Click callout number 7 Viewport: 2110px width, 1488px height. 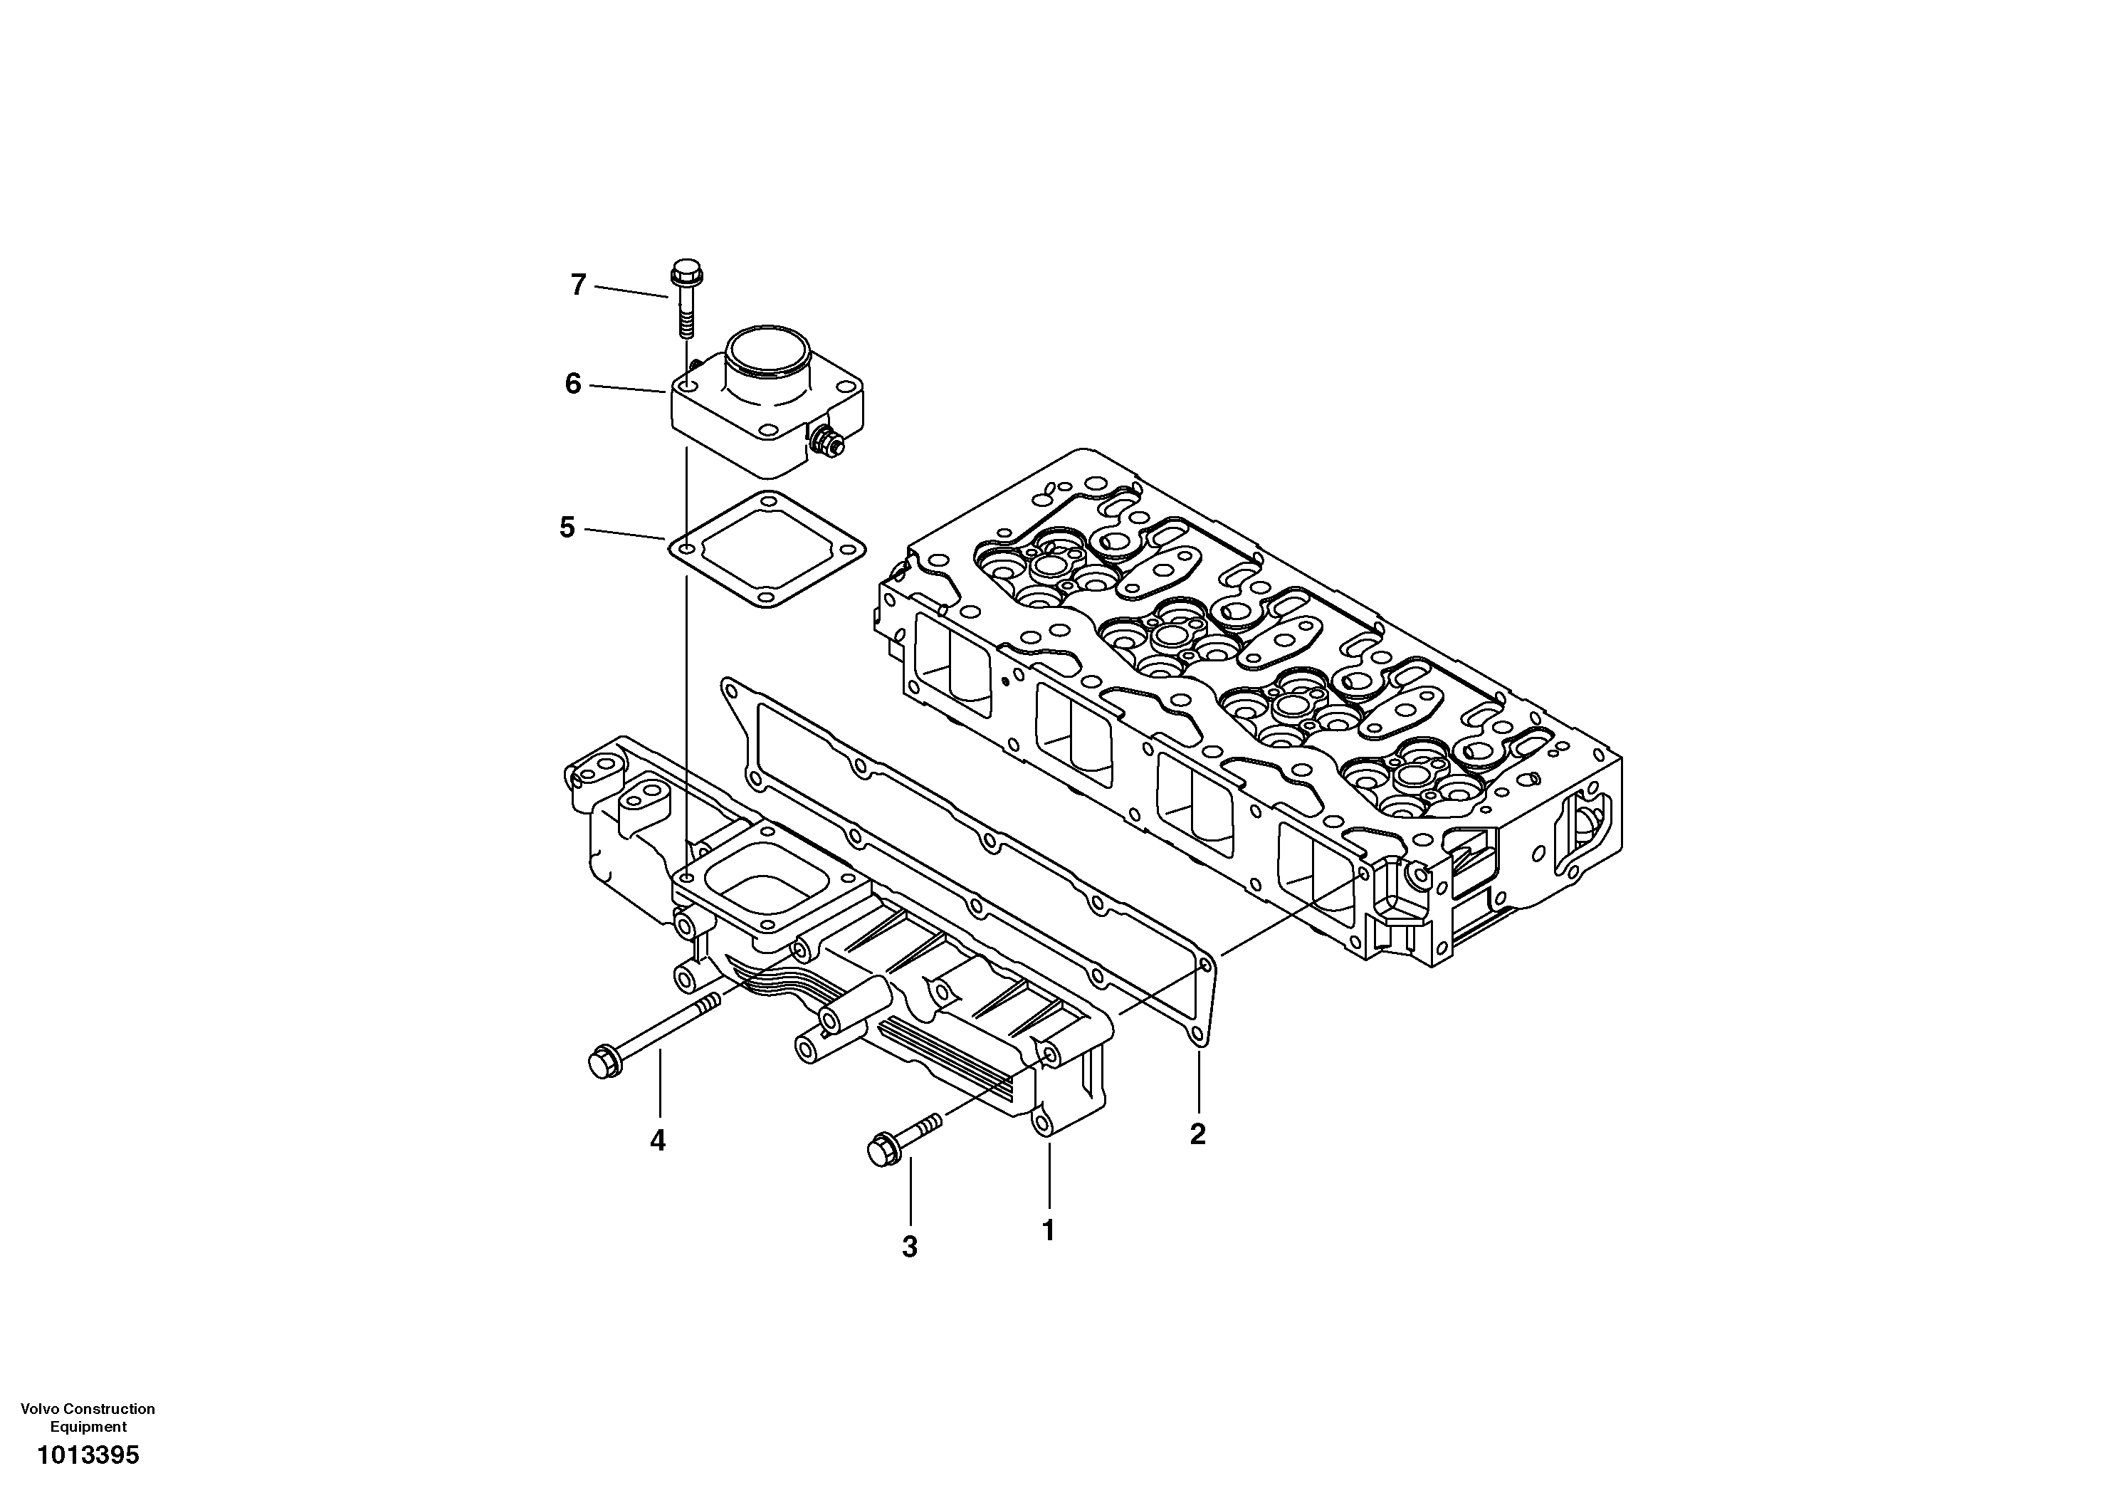pyautogui.click(x=578, y=285)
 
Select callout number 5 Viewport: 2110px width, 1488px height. pyautogui.click(x=567, y=528)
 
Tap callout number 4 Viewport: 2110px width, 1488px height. pyautogui.click(x=657, y=1141)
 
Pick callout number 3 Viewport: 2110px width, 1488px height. pyautogui.click(x=909, y=1247)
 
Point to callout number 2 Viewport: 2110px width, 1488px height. pyautogui.click(x=1197, y=1134)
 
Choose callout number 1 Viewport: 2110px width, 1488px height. pyautogui.click(x=1048, y=1230)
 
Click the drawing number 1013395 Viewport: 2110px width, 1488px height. pyautogui.click(x=88, y=1455)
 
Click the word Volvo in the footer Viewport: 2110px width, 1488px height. pyautogui.click(x=38, y=1408)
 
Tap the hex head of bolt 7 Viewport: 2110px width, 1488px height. pyautogui.click(x=683, y=272)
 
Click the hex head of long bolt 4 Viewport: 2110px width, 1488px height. pyautogui.click(x=604, y=1062)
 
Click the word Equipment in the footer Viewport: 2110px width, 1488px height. pyautogui.click(x=88, y=1427)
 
